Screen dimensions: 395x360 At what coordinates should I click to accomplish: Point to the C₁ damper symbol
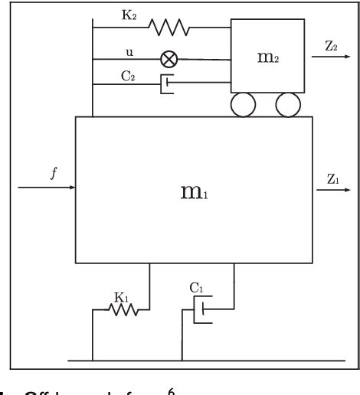click(201, 311)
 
